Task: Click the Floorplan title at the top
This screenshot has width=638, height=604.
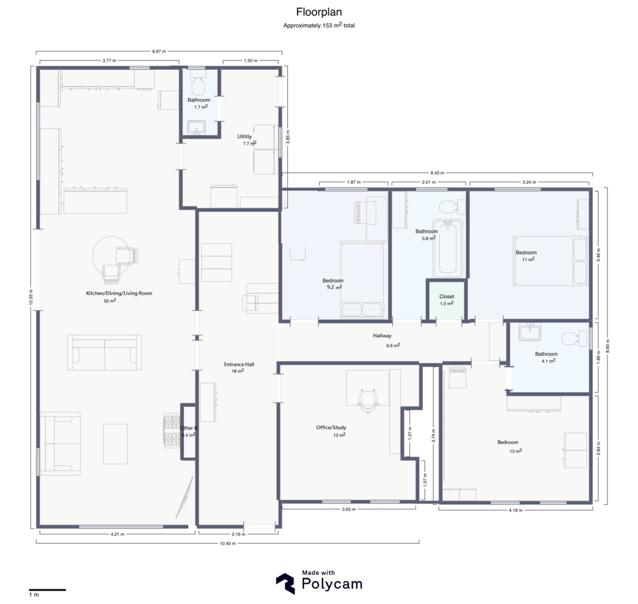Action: point(319,12)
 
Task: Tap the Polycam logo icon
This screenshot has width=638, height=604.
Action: point(286,583)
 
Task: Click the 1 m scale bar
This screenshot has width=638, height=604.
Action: point(47,589)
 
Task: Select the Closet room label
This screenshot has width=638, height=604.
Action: point(447,297)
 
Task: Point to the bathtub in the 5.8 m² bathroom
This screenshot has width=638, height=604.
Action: point(447,249)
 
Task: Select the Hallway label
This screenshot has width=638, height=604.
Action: point(382,336)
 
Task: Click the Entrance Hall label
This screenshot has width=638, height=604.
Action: point(239,364)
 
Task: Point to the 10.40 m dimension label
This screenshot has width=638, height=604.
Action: point(228,543)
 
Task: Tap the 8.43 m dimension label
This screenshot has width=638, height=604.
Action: point(436,173)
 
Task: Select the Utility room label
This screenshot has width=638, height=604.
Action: point(244,137)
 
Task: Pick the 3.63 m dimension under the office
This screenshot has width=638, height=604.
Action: point(349,509)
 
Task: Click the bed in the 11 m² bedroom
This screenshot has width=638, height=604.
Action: point(551,258)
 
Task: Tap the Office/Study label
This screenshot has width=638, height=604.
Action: point(331,428)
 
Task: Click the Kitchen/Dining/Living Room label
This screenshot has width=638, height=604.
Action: point(119,293)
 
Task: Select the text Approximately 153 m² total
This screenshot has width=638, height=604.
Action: point(319,26)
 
